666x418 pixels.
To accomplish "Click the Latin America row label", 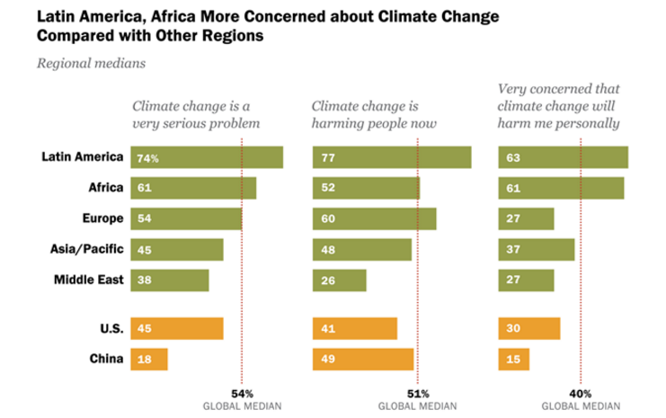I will [x=82, y=157].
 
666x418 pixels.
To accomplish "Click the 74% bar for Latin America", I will [x=206, y=157].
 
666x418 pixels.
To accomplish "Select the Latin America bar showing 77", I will [x=392, y=157].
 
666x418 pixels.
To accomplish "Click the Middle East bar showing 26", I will [x=340, y=280].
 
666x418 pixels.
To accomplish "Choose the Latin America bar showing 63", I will [x=563, y=157].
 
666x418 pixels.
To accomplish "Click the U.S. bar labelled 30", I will [x=529, y=328].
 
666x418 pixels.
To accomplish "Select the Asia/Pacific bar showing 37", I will [x=537, y=249].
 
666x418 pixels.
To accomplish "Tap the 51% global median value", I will [x=418, y=393].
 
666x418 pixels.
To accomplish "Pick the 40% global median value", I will [x=581, y=393].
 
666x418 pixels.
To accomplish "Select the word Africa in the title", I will [x=172, y=16].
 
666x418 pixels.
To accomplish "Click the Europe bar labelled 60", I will [x=374, y=218].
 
